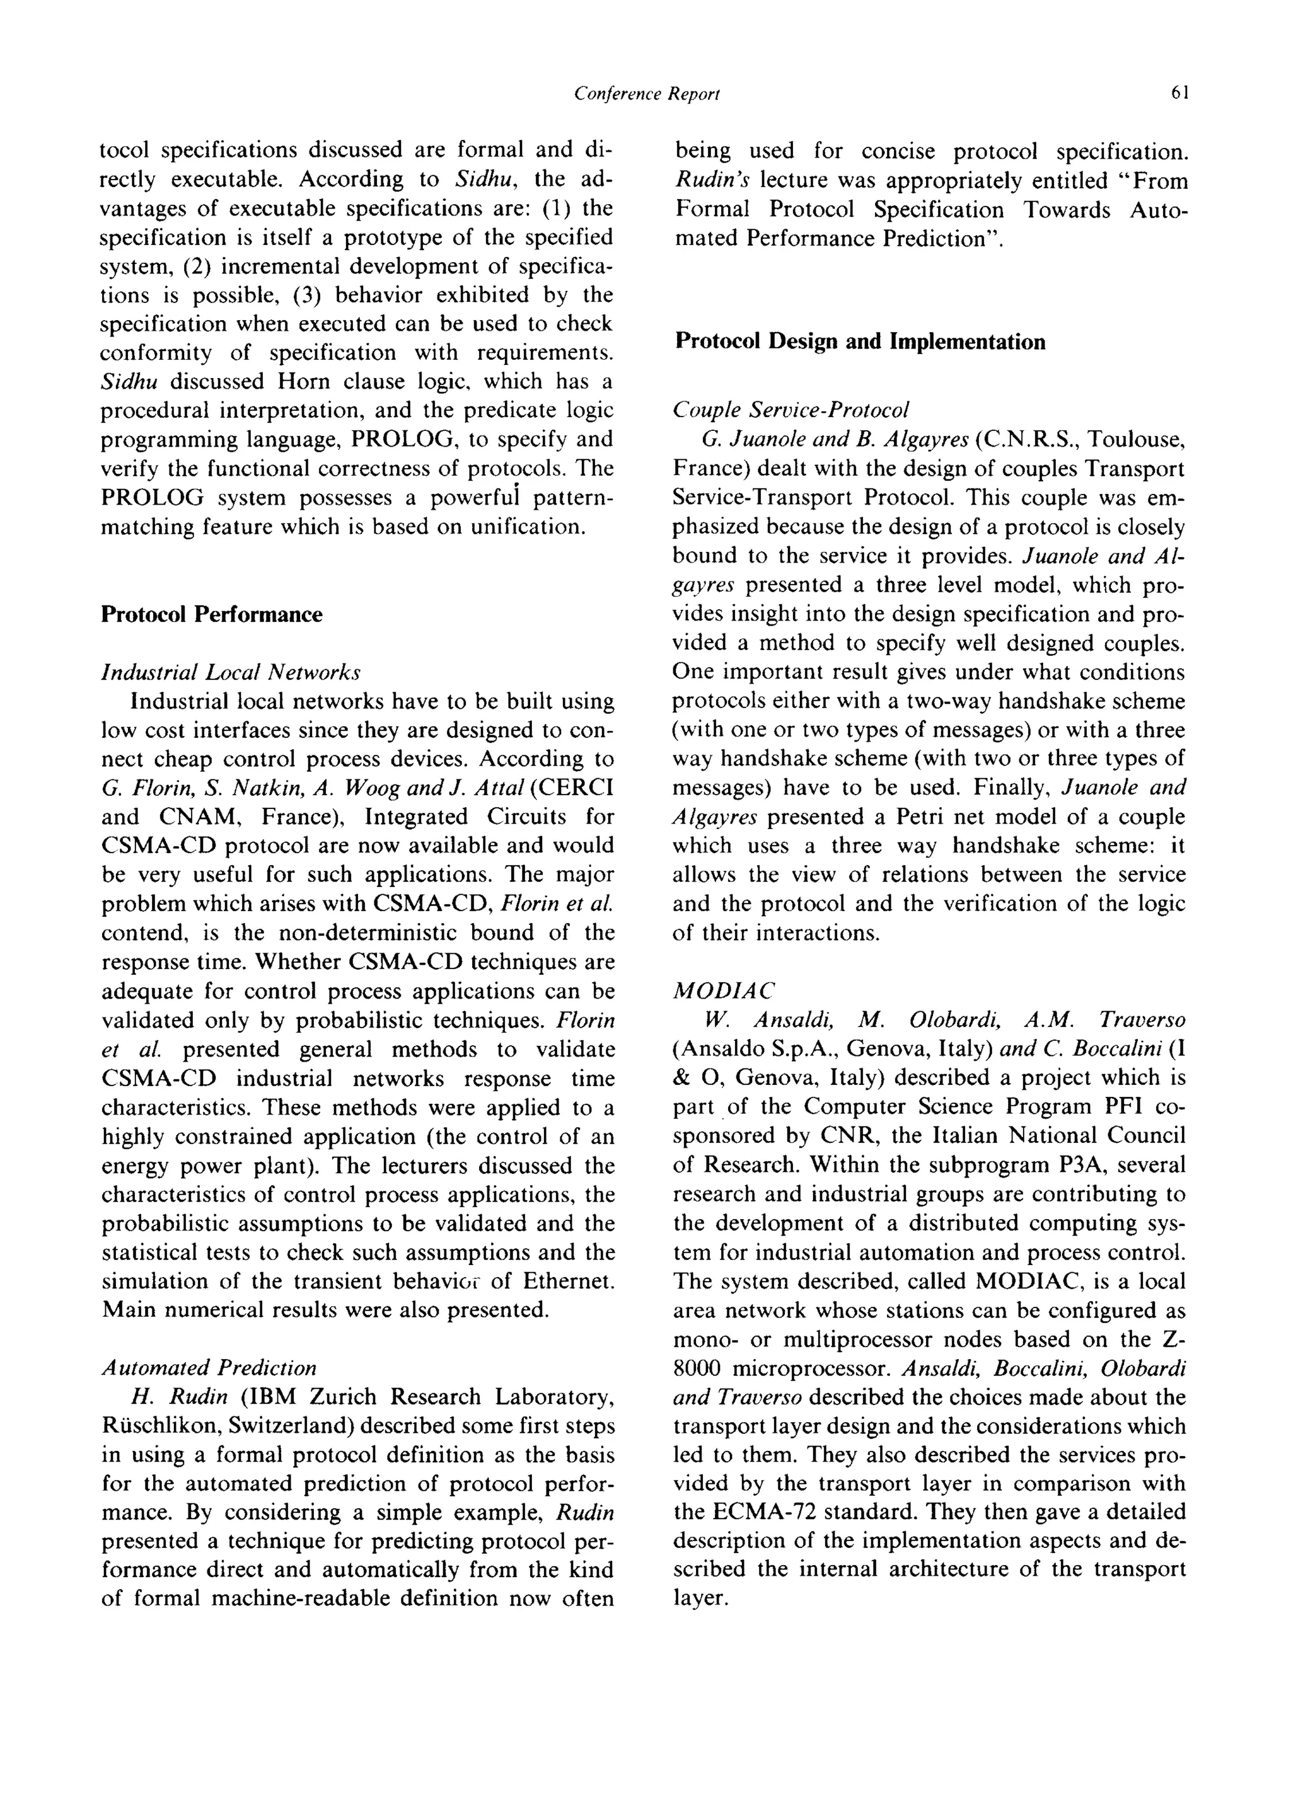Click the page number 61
[1179, 94]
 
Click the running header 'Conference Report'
[646, 95]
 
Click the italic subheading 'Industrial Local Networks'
[231, 672]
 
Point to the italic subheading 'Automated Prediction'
[209, 1368]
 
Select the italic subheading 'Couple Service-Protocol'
[791, 410]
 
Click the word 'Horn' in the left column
[298, 382]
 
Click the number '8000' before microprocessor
[697, 1368]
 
